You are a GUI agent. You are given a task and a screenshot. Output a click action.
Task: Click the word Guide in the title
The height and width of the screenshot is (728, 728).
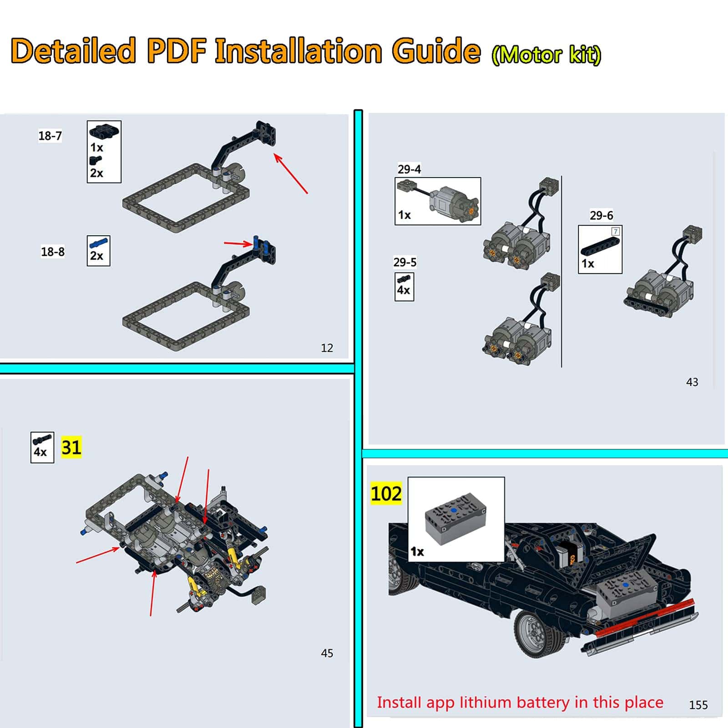coord(436,51)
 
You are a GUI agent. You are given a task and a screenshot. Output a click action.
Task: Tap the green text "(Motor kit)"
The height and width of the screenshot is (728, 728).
coord(546,55)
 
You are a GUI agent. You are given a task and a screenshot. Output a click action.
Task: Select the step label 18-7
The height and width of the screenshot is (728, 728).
coord(50,136)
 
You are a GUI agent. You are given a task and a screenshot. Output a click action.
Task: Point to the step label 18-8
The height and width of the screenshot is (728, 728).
coord(53,252)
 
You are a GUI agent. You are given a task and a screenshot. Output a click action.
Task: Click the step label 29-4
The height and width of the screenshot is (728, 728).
coord(409,169)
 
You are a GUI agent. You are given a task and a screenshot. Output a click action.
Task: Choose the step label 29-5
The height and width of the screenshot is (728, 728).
coord(405,262)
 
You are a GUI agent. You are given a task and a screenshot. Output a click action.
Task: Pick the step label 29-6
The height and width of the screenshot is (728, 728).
coord(602,215)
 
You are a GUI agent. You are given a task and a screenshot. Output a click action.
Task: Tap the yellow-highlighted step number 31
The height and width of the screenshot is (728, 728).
coord(71,447)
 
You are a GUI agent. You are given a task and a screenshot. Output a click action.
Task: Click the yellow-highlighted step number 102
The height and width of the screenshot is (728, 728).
coord(386,493)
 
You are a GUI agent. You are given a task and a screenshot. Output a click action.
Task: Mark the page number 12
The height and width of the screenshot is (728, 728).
coord(327,348)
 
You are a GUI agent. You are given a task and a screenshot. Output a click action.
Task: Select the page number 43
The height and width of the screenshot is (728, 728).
coord(692,382)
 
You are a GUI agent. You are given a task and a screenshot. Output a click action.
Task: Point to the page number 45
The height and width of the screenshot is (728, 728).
coord(327,653)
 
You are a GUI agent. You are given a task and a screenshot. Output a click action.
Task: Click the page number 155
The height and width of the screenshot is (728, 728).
coord(698,705)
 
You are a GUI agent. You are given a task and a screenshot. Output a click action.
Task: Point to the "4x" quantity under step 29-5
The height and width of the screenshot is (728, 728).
coord(404,290)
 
